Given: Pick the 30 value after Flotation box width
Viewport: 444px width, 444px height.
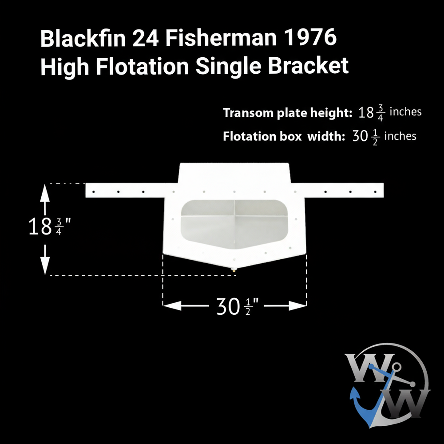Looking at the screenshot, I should [x=359, y=136].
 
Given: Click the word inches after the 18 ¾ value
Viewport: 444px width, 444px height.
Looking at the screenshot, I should [x=405, y=111].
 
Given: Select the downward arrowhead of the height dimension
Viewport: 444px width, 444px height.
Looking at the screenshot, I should [x=45, y=267].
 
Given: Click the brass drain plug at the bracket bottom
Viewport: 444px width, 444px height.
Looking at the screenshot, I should [x=234, y=270].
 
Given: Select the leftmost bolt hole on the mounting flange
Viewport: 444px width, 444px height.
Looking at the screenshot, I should [x=94, y=192].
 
